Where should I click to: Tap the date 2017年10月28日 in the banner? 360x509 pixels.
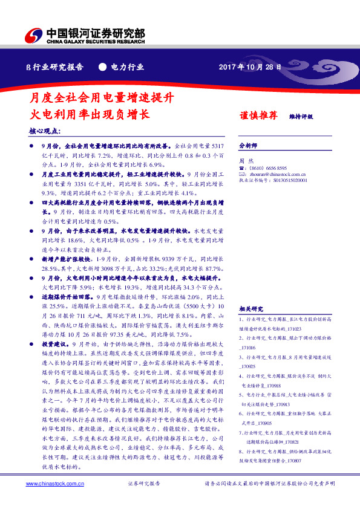(249, 68)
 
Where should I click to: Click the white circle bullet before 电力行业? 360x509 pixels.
(102, 68)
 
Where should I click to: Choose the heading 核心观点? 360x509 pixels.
(45, 131)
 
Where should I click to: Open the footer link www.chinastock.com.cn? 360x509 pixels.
(49, 484)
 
